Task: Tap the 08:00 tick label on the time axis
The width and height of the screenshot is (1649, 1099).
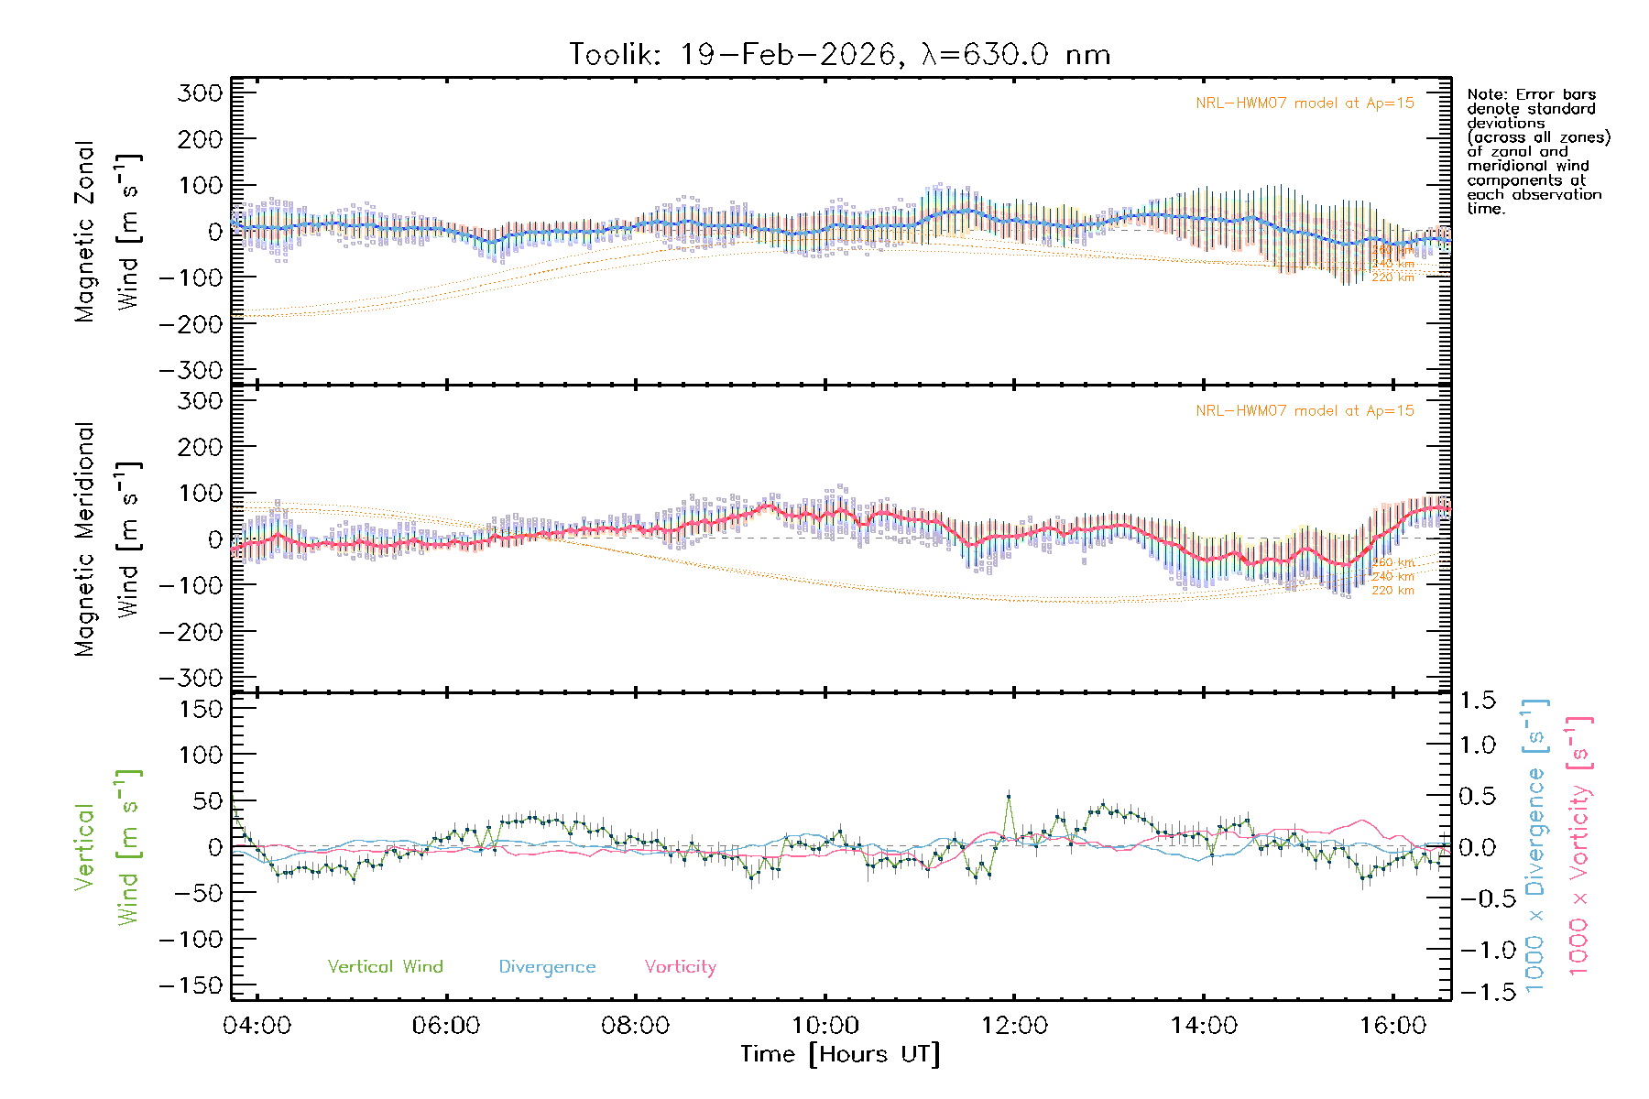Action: [x=635, y=1026]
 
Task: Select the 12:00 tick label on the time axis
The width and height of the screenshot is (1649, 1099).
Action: [x=1014, y=1026]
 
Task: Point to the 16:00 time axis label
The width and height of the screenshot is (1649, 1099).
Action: [x=1392, y=1026]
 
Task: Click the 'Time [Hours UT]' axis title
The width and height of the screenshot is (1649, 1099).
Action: [x=840, y=1054]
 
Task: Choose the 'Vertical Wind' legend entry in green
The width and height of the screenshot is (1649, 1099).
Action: [x=385, y=967]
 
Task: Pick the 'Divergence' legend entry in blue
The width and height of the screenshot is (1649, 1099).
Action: [x=547, y=967]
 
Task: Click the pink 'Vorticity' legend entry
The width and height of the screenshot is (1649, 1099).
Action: [x=680, y=967]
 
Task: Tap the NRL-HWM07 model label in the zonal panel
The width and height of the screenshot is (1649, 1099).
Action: [x=1305, y=103]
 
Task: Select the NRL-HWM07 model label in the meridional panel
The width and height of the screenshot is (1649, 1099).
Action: [x=1305, y=411]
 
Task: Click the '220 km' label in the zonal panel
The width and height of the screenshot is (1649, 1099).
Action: [x=1392, y=277]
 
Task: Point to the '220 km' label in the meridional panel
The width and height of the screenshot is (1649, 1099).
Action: [x=1392, y=591]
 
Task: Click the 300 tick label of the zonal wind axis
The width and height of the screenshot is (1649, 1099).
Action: [x=201, y=92]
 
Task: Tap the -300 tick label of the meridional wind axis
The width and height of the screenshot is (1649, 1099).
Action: [x=191, y=678]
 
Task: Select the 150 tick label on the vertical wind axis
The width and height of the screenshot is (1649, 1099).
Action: [x=201, y=709]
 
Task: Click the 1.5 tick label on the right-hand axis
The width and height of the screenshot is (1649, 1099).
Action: [x=1477, y=701]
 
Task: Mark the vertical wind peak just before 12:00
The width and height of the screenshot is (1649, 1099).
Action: [x=1009, y=796]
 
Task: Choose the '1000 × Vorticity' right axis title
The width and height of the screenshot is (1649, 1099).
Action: [x=1579, y=845]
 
